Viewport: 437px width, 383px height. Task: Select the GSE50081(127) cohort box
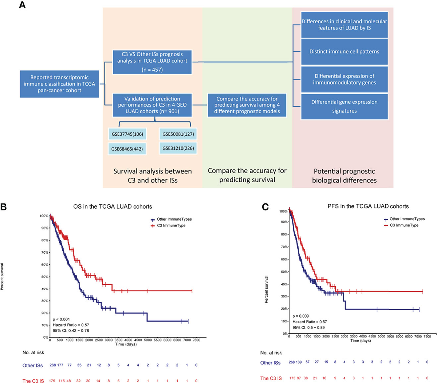click(x=178, y=134)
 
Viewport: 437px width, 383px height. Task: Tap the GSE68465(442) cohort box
click(x=127, y=149)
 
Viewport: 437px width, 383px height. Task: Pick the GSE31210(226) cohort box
click(x=178, y=148)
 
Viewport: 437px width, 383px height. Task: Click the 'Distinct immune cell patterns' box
click(x=344, y=52)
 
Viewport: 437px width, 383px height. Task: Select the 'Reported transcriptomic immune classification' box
click(x=59, y=84)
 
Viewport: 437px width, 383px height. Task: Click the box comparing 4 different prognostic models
click(x=247, y=105)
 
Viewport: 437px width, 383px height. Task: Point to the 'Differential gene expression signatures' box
click(x=344, y=106)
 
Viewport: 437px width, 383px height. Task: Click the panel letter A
click(x=23, y=6)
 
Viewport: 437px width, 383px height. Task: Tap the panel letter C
click(x=265, y=207)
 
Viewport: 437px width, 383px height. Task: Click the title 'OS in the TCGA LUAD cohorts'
click(x=113, y=206)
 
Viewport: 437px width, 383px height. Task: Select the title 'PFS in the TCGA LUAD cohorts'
click(x=368, y=206)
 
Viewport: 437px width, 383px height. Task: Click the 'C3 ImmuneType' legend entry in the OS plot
click(x=171, y=226)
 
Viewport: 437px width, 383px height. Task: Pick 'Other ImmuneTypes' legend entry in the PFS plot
click(x=407, y=219)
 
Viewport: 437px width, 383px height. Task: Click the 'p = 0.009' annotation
click(x=300, y=316)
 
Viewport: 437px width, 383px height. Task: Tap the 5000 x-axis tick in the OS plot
click(x=147, y=340)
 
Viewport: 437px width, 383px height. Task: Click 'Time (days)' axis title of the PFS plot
click(x=361, y=341)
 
